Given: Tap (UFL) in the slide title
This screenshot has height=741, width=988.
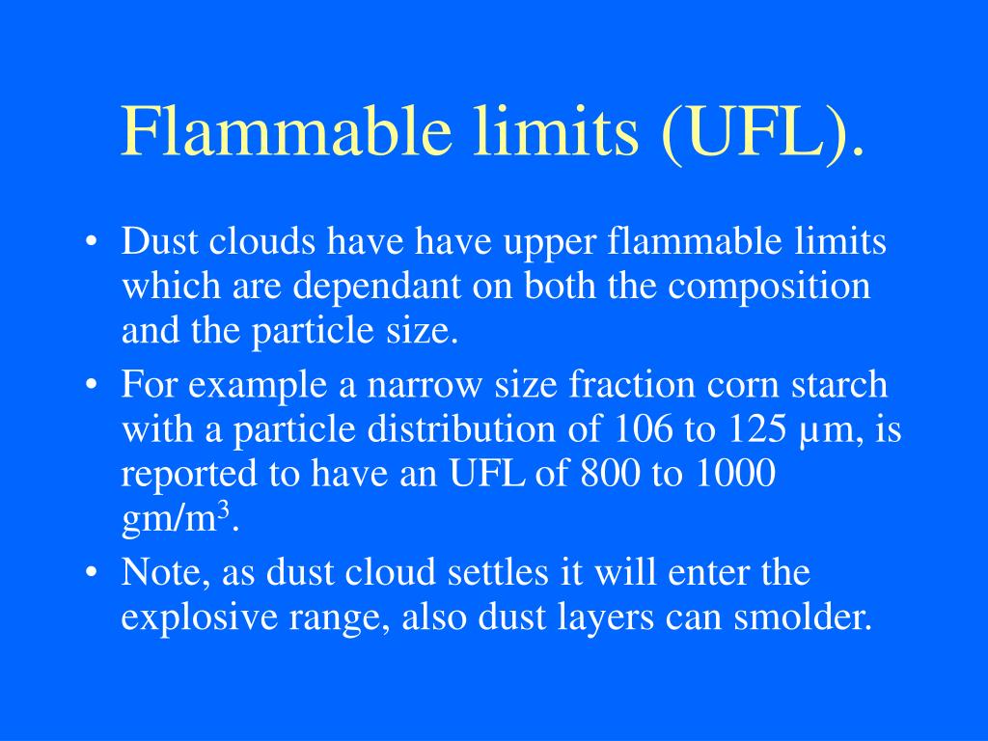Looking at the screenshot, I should click(761, 132).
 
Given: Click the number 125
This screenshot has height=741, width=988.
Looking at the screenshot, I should click(757, 429).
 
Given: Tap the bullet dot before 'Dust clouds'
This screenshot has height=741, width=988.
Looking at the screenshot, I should click(91, 244).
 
